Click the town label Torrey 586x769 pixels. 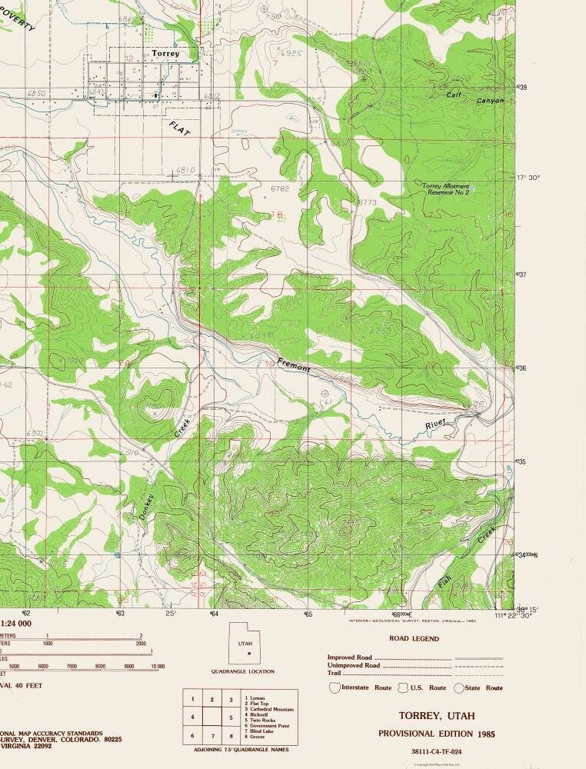165,54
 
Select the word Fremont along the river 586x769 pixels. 295,365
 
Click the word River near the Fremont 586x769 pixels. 435,424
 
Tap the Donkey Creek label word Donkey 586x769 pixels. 148,508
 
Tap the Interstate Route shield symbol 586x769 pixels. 334,687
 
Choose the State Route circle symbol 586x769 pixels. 460,688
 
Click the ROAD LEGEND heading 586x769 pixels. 415,638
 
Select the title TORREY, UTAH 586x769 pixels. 437,716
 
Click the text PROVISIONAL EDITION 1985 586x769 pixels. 437,734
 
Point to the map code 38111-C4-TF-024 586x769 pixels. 437,751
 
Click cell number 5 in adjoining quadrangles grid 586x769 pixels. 231,717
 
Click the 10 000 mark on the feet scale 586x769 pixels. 158,666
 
